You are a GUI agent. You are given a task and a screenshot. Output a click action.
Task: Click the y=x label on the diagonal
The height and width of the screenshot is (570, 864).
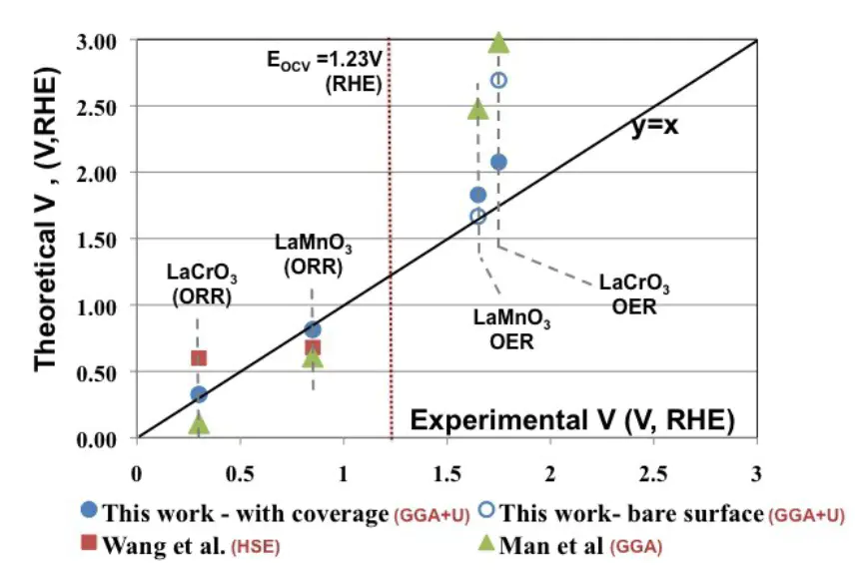(x=654, y=127)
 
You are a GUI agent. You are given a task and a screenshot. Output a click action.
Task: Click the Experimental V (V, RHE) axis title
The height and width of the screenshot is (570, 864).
(x=572, y=420)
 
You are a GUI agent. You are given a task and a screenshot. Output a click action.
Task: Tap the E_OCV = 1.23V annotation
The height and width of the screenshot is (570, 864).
(x=321, y=72)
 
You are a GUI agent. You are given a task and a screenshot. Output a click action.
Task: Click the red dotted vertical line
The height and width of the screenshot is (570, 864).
(x=390, y=299)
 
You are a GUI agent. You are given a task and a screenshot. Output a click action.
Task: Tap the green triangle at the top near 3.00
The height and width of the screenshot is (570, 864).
(x=498, y=42)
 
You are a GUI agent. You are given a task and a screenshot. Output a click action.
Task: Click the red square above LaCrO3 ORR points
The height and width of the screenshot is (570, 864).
(x=199, y=358)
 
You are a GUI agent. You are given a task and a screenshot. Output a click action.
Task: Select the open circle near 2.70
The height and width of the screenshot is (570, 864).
(x=498, y=80)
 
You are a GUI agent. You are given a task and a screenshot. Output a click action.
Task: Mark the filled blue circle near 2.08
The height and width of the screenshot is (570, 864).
(x=498, y=162)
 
